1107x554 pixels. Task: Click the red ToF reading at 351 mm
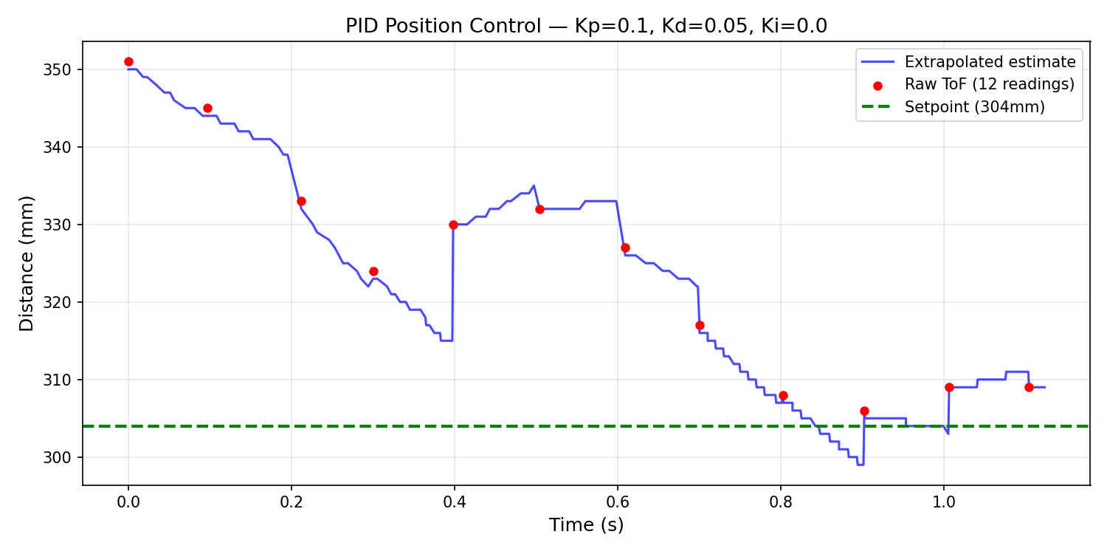click(x=128, y=62)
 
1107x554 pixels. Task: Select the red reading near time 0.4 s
click(x=453, y=225)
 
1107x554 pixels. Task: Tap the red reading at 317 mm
click(x=700, y=325)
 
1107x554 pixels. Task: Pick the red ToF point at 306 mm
click(x=864, y=411)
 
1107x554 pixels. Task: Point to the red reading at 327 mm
click(x=625, y=247)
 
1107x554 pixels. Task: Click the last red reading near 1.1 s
click(x=1029, y=387)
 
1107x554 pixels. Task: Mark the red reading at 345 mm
click(x=207, y=108)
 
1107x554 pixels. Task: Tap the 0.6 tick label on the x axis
click(x=618, y=503)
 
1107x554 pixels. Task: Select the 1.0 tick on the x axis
click(x=944, y=503)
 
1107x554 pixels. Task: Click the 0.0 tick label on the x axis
click(x=128, y=503)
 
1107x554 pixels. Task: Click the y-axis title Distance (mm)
click(x=27, y=264)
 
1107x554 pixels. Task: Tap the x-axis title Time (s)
click(x=586, y=525)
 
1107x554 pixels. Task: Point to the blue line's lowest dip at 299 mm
click(x=860, y=465)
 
